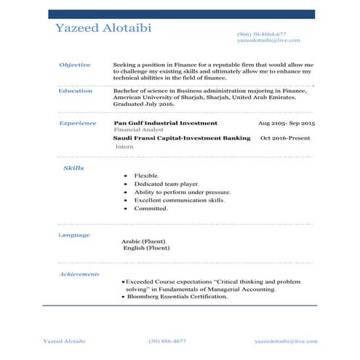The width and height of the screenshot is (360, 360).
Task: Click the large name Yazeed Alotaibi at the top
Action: pyautogui.click(x=103, y=28)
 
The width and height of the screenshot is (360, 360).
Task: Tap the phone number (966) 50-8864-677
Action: pyautogui.click(x=261, y=34)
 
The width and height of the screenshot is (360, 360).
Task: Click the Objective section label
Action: pyautogui.click(x=74, y=65)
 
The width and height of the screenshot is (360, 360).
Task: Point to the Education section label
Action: pyautogui.click(x=75, y=91)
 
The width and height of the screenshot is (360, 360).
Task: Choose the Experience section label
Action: pyautogui.click(x=77, y=123)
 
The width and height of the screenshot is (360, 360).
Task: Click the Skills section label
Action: pyautogui.click(x=73, y=168)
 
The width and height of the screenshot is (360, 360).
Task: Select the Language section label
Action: pyautogui.click(x=73, y=235)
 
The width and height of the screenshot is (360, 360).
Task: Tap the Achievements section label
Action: pyautogui.click(x=79, y=274)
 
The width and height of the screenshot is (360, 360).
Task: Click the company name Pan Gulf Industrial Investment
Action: pyautogui.click(x=166, y=123)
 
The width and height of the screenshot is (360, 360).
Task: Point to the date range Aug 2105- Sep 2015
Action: pyautogui.click(x=287, y=124)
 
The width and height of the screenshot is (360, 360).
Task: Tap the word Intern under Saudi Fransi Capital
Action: pyautogui.click(x=124, y=146)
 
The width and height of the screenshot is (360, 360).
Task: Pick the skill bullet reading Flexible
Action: pyautogui.click(x=146, y=176)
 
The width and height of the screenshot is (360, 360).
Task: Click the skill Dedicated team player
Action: pyautogui.click(x=167, y=184)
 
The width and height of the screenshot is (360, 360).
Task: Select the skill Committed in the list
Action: pyautogui.click(x=151, y=208)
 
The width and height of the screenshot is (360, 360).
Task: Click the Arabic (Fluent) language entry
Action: pyautogui.click(x=143, y=241)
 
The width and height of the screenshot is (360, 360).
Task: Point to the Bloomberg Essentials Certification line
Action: pyautogui.click(x=177, y=297)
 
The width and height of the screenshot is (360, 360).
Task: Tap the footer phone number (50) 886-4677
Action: pyautogui.click(x=167, y=340)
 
